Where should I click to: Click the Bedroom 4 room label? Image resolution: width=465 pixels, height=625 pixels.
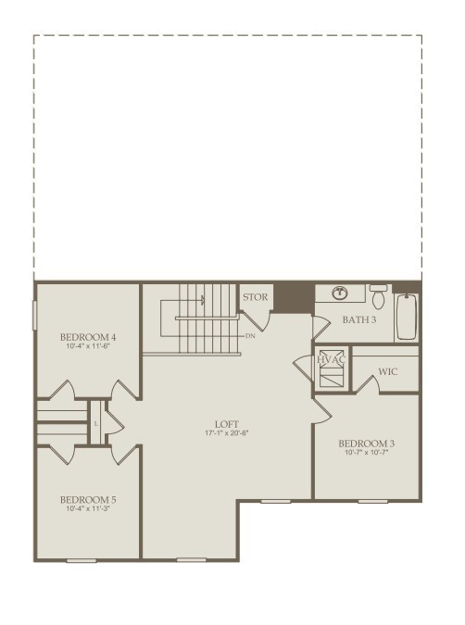[88, 337]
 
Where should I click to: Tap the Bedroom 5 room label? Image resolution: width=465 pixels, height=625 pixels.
[88, 499]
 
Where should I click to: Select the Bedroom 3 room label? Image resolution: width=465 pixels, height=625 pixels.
[366, 444]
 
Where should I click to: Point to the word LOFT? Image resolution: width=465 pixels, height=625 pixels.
[227, 424]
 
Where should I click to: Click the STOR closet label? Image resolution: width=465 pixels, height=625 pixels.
[256, 297]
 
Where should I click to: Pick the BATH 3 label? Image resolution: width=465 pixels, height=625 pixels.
[358, 319]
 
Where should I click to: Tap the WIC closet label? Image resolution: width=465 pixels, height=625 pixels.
[387, 371]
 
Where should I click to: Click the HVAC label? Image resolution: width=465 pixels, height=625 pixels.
[331, 359]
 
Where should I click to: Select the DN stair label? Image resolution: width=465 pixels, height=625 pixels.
[250, 336]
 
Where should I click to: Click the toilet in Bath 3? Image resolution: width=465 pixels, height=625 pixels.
[379, 295]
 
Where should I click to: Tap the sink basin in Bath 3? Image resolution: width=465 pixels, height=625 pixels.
[340, 294]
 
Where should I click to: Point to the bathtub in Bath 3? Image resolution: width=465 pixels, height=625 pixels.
[407, 317]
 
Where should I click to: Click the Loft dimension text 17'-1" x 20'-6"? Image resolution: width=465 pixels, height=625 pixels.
[227, 433]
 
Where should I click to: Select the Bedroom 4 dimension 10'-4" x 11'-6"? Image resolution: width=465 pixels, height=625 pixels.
[88, 346]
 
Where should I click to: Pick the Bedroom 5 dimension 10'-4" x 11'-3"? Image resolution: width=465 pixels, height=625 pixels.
[88, 508]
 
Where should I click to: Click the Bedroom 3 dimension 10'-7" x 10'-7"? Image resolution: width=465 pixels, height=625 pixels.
[366, 453]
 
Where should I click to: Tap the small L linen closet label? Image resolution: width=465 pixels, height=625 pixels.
[95, 424]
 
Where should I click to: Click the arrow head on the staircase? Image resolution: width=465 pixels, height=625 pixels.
[203, 300]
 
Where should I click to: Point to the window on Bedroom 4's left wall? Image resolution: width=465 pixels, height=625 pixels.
[34, 315]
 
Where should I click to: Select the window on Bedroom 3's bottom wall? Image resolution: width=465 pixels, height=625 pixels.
[372, 501]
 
